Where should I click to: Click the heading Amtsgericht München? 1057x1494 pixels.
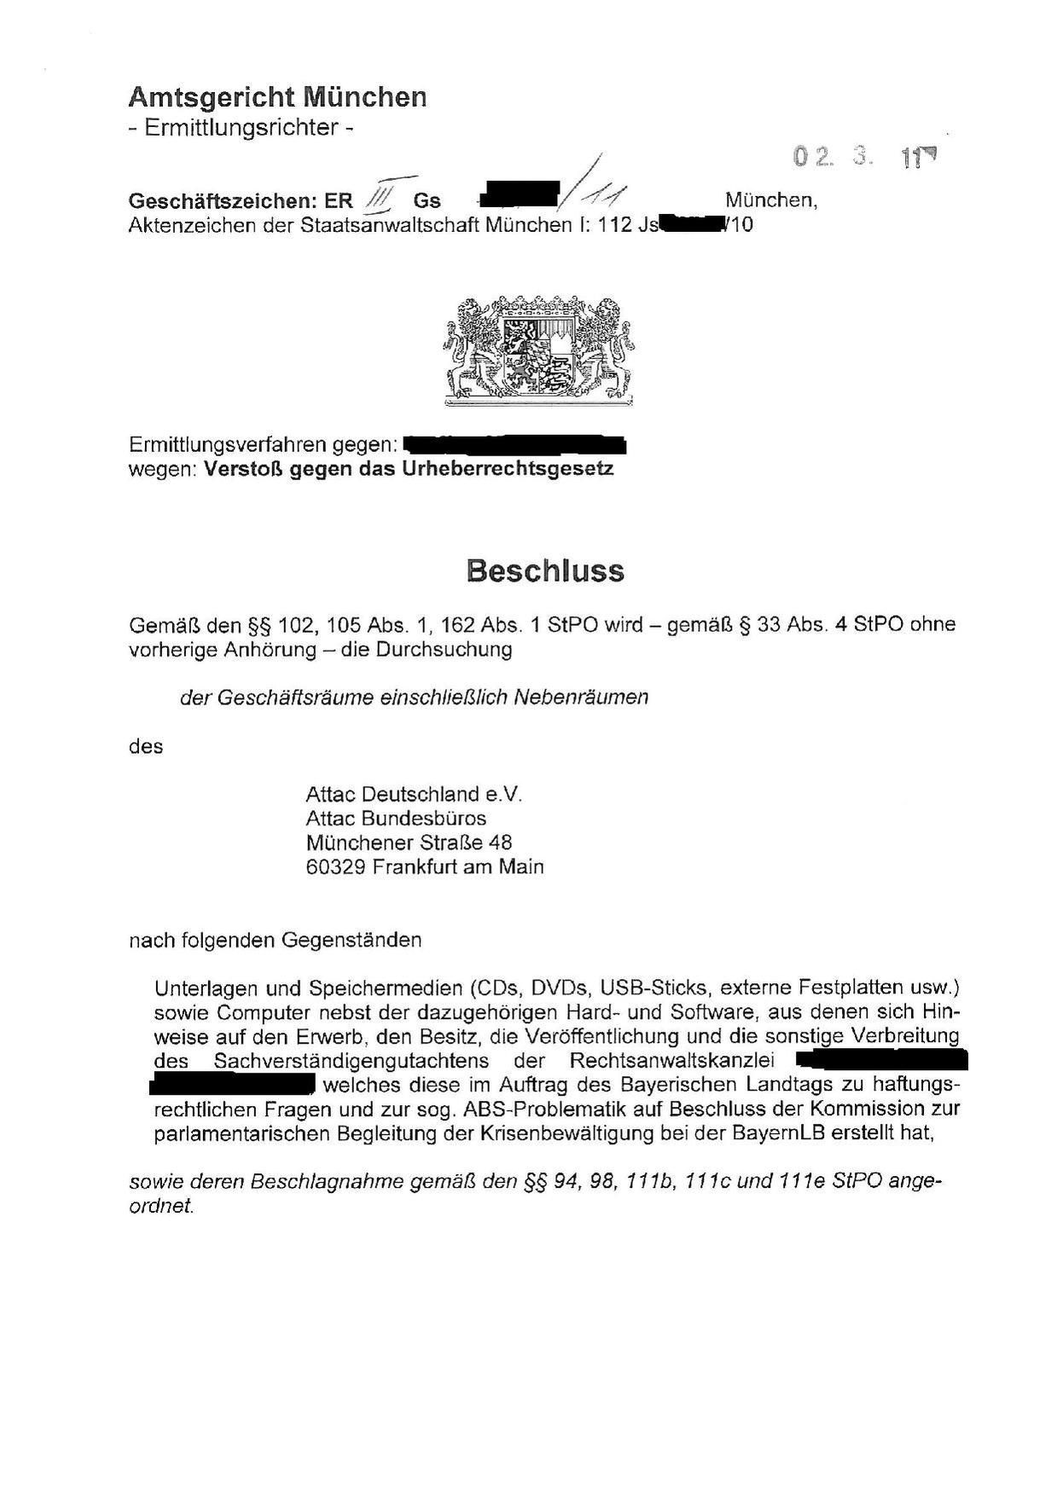click(x=277, y=97)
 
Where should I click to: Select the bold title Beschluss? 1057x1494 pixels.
click(x=545, y=570)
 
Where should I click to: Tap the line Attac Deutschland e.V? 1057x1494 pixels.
click(x=413, y=795)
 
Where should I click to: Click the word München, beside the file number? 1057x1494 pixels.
click(x=771, y=200)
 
